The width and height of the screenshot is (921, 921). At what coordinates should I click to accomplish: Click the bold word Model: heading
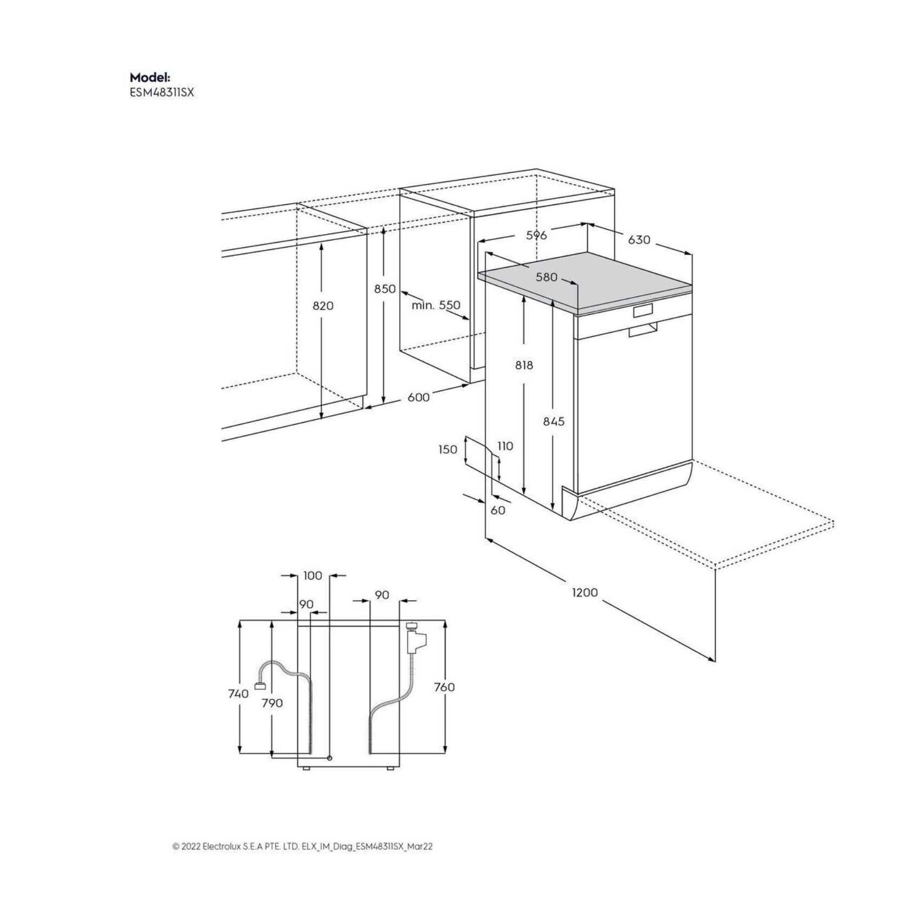click(x=150, y=77)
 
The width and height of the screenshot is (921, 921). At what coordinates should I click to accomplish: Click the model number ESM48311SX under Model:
click(x=161, y=93)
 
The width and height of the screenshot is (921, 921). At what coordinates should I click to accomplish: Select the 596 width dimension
click(x=536, y=235)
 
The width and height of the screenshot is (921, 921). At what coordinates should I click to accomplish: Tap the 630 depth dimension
click(x=639, y=239)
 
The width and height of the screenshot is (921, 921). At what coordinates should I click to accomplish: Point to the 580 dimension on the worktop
click(x=546, y=277)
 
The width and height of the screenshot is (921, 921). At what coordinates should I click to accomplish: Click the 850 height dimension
click(x=385, y=289)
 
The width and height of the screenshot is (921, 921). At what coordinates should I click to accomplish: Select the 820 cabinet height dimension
click(x=323, y=306)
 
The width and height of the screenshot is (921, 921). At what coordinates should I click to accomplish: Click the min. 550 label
click(x=436, y=305)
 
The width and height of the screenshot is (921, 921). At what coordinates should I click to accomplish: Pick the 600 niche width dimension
click(x=418, y=397)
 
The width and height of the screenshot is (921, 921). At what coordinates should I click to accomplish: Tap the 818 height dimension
click(x=524, y=366)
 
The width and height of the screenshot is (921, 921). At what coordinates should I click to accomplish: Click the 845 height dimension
click(x=554, y=421)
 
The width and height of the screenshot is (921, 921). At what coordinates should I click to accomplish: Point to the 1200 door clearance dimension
click(x=585, y=592)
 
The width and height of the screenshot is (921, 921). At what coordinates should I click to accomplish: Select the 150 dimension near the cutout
click(x=447, y=449)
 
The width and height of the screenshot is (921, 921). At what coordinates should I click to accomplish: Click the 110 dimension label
click(x=505, y=446)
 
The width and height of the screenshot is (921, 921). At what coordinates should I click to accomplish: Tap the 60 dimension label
click(x=497, y=510)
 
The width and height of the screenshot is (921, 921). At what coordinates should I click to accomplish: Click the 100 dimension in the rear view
click(x=313, y=575)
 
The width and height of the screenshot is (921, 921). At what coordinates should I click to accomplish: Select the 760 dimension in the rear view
click(x=444, y=687)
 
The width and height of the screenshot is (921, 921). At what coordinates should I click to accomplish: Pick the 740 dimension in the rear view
click(x=238, y=693)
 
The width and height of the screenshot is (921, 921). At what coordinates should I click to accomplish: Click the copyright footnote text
click(x=302, y=847)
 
